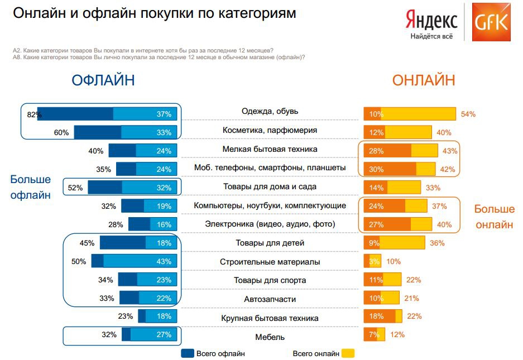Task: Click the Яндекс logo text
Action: pos(431,20)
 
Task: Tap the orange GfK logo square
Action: pos(491,22)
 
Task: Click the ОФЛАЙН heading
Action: pos(103,80)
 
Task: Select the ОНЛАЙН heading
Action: pos(424,80)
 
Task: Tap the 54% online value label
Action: pos(468,114)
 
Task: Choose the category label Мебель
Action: pos(270,337)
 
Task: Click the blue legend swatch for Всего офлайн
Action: pos(187,353)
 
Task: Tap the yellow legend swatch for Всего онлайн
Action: pos(348,353)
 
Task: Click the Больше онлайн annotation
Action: pos(495,217)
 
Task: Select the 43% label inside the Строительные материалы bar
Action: pos(164,261)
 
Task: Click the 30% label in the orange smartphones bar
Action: pos(376,168)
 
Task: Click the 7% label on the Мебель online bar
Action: pos(373,335)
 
